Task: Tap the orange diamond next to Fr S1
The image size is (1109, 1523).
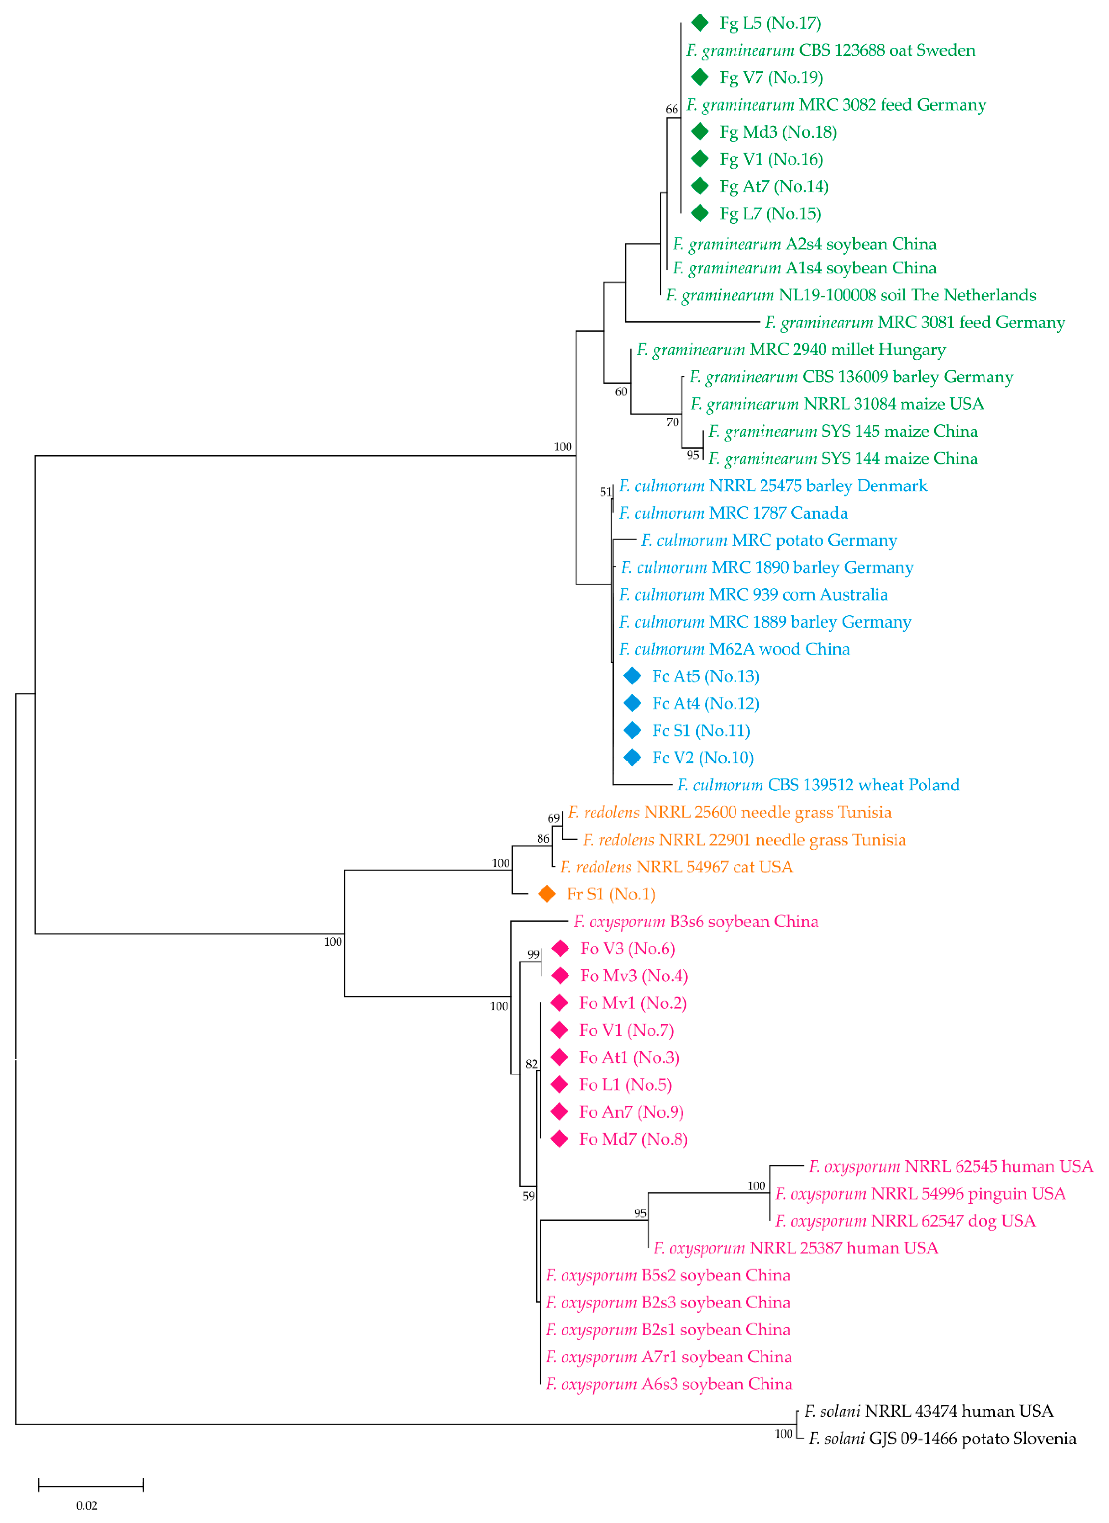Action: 547,894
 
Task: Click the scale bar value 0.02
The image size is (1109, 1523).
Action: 87,1505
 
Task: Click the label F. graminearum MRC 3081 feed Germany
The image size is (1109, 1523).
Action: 914,322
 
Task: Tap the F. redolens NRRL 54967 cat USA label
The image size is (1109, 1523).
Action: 677,867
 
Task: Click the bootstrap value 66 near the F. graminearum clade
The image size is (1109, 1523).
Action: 672,109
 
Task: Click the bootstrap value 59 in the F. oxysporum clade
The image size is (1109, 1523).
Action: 529,1196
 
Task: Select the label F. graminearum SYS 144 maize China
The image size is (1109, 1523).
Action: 843,458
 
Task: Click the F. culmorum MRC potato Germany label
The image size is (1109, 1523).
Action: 768,540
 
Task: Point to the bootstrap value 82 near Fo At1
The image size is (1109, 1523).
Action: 531,1064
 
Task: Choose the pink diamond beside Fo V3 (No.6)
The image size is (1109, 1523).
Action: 560,948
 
